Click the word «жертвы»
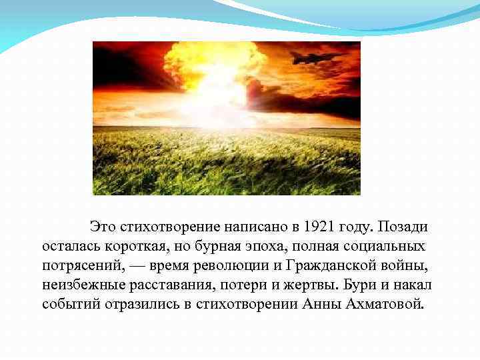[x=313, y=285]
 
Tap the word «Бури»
[x=360, y=285]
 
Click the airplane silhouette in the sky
[x=316, y=58]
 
